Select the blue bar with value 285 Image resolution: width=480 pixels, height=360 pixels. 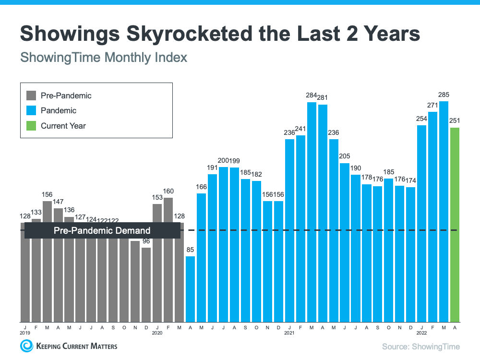click(444, 211)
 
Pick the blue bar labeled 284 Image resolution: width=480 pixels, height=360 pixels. click(312, 211)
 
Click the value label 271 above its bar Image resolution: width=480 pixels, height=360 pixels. click(433, 105)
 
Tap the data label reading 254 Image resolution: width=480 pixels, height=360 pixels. click(422, 118)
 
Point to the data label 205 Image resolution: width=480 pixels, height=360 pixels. click(345, 156)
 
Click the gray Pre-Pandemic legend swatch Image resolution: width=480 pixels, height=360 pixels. click(31, 96)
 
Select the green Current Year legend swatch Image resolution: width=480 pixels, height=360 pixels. click(31, 126)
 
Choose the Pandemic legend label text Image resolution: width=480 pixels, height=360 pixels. click(59, 110)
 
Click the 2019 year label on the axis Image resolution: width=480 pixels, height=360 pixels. click(25, 332)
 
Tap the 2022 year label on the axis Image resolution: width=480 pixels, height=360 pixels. click(422, 332)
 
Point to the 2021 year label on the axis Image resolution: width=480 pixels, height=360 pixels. click(289, 332)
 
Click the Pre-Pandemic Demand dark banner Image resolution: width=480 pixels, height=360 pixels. click(102, 230)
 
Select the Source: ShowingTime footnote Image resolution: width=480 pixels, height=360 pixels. click(420, 346)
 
